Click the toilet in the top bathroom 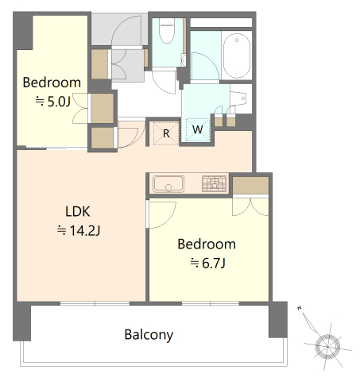click(x=167, y=31)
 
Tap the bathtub click(x=237, y=56)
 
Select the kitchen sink click(x=168, y=183)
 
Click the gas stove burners click(x=215, y=183)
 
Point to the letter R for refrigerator click(x=166, y=134)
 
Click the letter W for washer click(x=198, y=129)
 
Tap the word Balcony click(x=149, y=335)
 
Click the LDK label click(x=78, y=211)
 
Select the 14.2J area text click(x=79, y=231)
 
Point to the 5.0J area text click(x=53, y=102)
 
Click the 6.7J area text click(x=207, y=264)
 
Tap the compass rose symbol click(x=327, y=345)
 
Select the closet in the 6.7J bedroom click(x=250, y=185)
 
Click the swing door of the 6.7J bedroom click(x=162, y=214)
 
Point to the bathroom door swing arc click(x=205, y=66)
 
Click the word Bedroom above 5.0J click(x=52, y=83)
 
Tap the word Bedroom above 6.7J click(x=207, y=244)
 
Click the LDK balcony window click(x=95, y=303)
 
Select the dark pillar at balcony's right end click(x=278, y=320)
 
